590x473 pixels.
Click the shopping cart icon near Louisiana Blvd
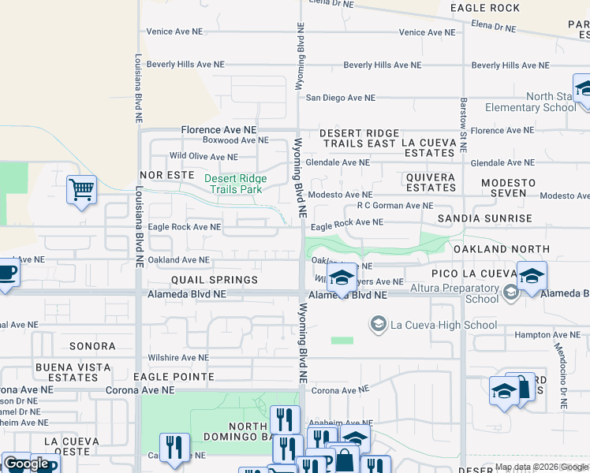tap(81, 189)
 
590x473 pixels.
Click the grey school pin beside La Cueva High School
tap(379, 324)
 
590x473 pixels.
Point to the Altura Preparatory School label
tap(472, 293)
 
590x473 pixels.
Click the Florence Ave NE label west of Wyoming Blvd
tap(219, 129)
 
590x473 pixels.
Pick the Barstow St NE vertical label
tap(464, 114)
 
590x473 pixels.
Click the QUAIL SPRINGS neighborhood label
tap(215, 280)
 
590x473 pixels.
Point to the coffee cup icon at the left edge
tap(6, 272)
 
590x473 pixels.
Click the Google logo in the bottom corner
tap(26, 464)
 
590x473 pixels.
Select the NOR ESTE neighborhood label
tap(166, 174)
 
